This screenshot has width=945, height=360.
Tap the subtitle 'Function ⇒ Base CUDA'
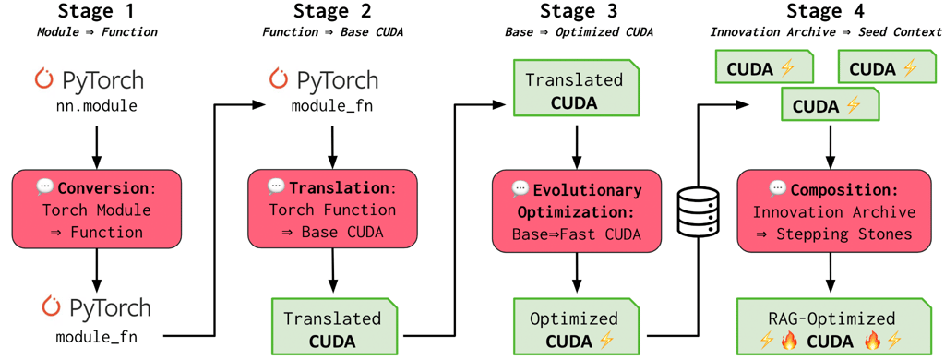click(333, 31)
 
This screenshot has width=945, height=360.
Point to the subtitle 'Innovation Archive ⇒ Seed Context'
click(826, 31)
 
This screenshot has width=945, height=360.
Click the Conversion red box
click(97, 210)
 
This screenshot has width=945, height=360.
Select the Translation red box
click(333, 209)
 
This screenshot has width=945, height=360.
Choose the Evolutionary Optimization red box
click(577, 211)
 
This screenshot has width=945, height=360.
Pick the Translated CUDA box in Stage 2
click(332, 329)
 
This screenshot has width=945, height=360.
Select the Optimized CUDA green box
click(574, 329)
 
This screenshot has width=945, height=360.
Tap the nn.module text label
click(97, 106)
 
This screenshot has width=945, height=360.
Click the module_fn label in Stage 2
click(333, 106)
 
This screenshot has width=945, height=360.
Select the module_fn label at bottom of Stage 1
click(97, 336)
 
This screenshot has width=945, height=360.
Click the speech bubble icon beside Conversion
click(45, 187)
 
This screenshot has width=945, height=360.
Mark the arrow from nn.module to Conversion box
click(97, 143)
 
